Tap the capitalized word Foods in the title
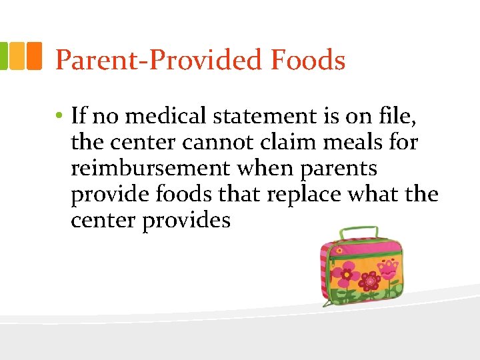pyautogui.click(x=308, y=60)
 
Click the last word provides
pyautogui.click(x=186, y=221)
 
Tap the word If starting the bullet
pyautogui.click(x=78, y=117)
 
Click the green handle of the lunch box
pyautogui.click(x=360, y=233)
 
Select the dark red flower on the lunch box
pyautogui.click(x=371, y=281)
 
